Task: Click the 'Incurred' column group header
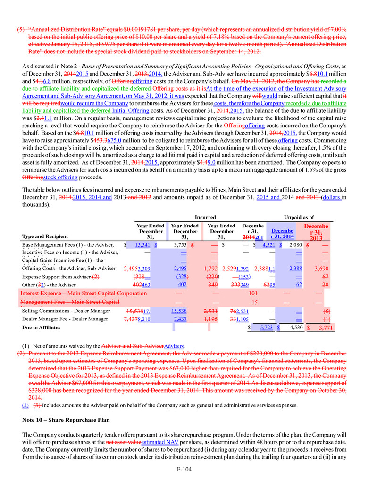coord(205,217)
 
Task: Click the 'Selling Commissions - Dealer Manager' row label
coord(66,311)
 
